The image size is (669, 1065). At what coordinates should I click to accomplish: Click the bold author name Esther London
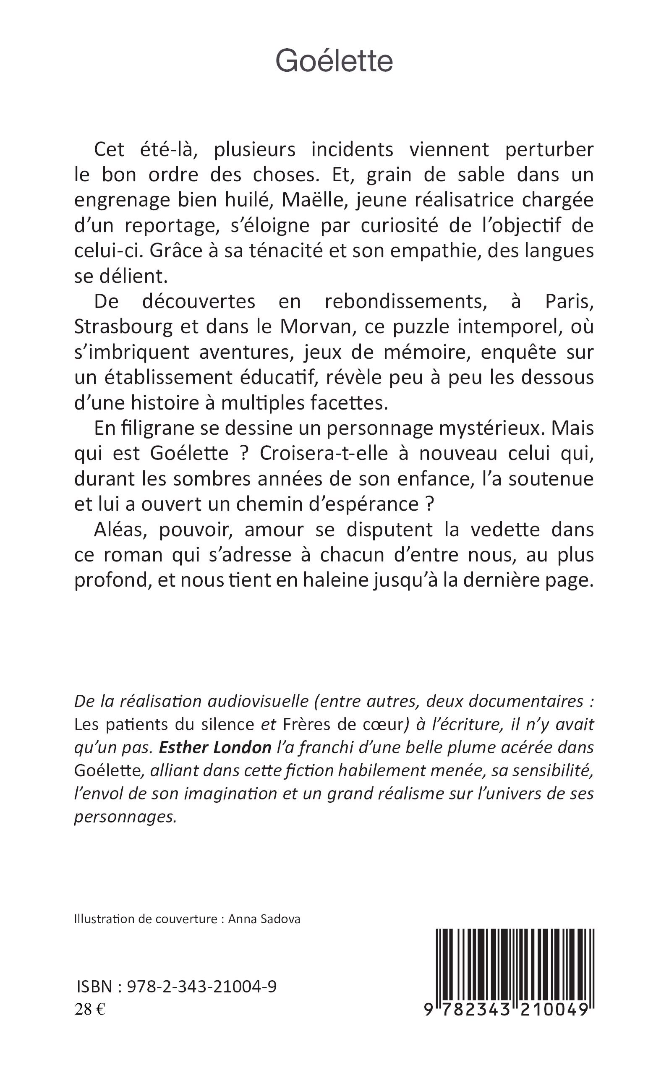(x=215, y=747)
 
